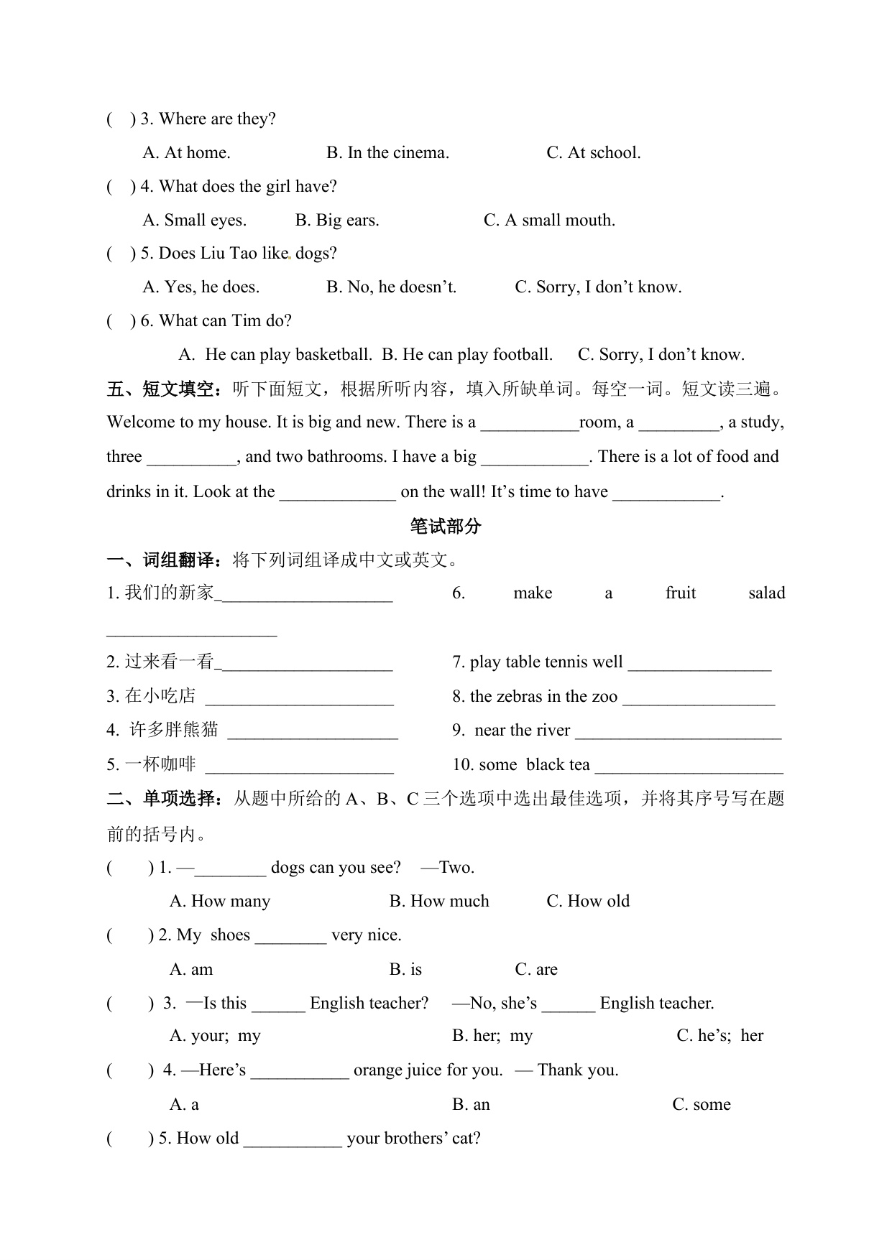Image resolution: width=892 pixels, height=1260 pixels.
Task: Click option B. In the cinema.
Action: point(387,153)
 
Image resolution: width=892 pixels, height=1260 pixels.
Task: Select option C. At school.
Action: point(593,153)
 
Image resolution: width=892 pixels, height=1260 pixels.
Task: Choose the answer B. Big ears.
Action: point(336,221)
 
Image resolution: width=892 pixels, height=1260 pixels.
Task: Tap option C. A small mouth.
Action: point(549,221)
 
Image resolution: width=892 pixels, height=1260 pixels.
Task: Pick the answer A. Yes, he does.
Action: point(201,287)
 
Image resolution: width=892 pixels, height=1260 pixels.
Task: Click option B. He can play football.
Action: point(467,355)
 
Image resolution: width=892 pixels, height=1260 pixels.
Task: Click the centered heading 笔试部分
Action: point(446,527)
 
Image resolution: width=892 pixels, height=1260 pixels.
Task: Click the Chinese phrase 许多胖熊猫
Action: point(173,731)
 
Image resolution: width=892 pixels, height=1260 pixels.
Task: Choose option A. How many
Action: point(220,902)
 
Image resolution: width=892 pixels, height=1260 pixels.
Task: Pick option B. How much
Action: point(438,902)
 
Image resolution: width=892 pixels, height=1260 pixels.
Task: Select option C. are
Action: point(536,970)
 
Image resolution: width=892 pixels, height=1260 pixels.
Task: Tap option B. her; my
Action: point(492,1036)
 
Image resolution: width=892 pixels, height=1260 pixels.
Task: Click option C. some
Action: point(701,1105)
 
